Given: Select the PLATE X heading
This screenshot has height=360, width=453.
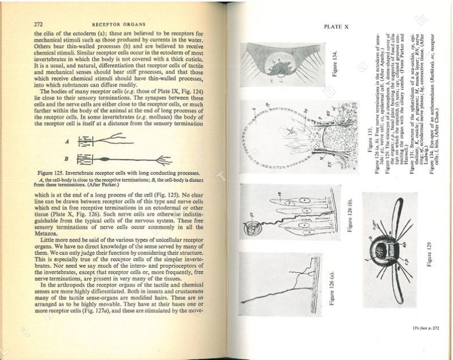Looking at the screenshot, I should tap(335, 26).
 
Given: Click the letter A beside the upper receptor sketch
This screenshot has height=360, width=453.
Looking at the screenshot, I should tap(68, 139).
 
